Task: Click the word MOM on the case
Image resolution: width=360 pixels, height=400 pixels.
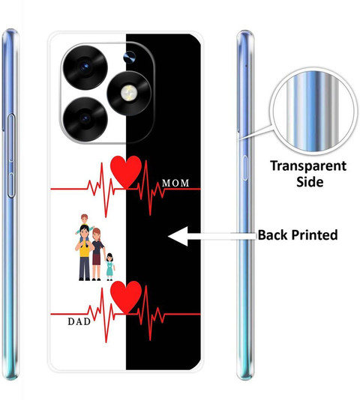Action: tap(175, 183)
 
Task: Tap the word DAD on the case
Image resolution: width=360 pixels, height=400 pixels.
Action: tap(79, 321)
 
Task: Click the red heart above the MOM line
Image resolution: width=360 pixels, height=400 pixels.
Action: tap(126, 172)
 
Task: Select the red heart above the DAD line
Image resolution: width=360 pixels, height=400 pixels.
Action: tap(126, 297)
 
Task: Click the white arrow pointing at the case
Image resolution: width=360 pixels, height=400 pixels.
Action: tap(212, 236)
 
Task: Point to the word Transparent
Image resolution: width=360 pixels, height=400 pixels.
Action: tap(308, 166)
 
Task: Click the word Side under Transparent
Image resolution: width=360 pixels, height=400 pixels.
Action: tap(310, 181)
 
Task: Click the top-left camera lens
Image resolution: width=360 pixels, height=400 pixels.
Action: tap(85, 67)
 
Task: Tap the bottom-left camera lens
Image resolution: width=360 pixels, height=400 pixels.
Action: tap(85, 118)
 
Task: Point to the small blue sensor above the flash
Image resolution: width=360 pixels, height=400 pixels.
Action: tap(130, 57)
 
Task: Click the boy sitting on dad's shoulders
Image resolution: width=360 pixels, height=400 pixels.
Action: tap(84, 224)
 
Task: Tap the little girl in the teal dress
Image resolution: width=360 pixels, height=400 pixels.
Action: tap(109, 267)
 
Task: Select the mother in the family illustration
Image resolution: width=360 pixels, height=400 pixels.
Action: tap(97, 255)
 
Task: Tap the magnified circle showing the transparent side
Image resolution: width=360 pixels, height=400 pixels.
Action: tap(313, 111)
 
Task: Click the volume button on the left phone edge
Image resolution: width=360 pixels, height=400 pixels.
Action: tap(11, 156)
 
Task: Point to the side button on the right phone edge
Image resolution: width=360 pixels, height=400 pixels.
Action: tap(245, 168)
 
